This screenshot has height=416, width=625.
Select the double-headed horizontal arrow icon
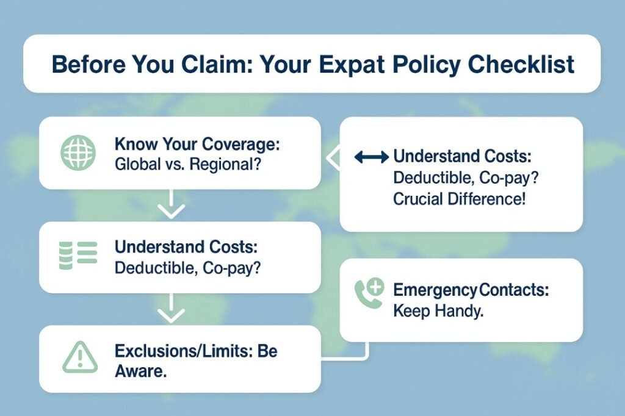point(371,157)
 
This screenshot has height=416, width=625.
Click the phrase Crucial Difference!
point(459,199)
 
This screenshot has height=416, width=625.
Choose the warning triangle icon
point(79,357)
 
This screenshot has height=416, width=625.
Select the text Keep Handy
point(438,310)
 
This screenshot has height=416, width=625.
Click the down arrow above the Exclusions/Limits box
point(171,313)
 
